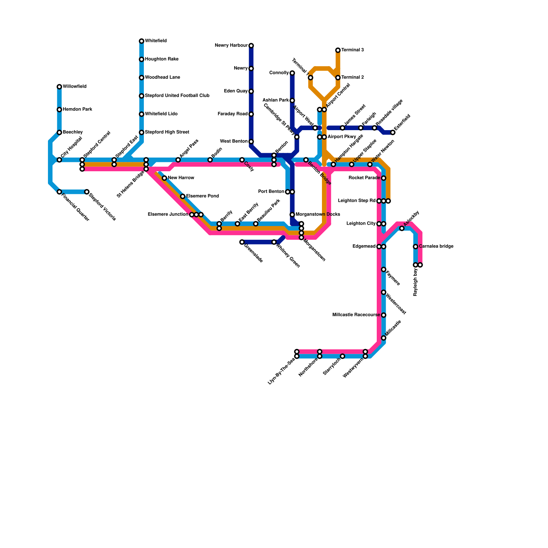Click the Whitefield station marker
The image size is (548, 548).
click(x=141, y=41)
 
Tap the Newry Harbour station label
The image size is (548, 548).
click(x=231, y=46)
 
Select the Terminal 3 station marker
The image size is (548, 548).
click(x=338, y=50)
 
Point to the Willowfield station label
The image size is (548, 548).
click(x=74, y=87)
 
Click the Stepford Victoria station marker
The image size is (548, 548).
click(x=87, y=192)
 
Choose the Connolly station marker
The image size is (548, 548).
click(x=292, y=73)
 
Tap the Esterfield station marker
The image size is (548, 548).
click(x=393, y=133)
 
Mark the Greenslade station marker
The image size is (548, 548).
click(x=242, y=242)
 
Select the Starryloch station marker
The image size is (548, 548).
click(x=342, y=356)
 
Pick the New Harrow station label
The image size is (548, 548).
click(x=181, y=178)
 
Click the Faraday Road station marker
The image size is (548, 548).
click(x=251, y=114)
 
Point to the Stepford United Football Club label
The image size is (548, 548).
click(x=177, y=96)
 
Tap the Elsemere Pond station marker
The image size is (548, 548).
click(x=183, y=196)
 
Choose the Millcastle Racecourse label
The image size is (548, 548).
click(x=356, y=315)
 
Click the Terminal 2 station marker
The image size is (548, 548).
click(x=338, y=78)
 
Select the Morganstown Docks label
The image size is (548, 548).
click(x=317, y=215)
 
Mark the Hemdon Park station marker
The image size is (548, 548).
click(x=59, y=110)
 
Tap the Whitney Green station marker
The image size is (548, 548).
click(x=274, y=242)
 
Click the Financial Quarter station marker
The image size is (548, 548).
click(x=59, y=192)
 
